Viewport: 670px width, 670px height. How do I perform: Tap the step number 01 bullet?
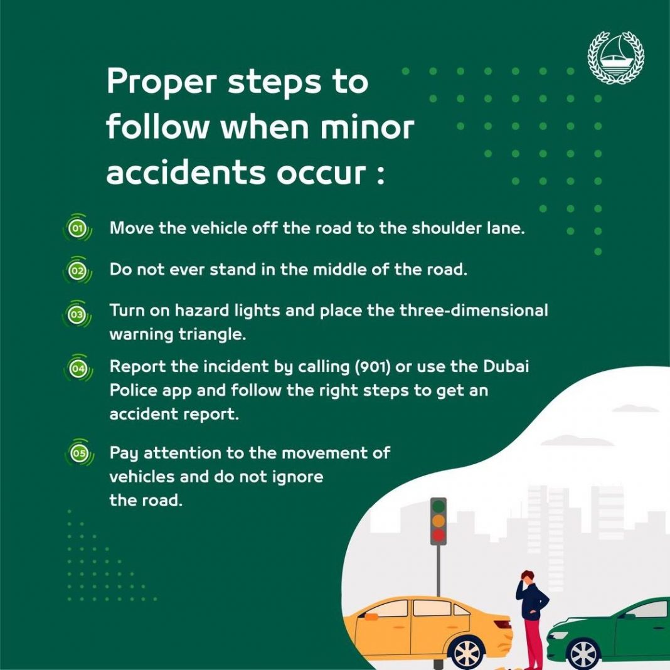[x=77, y=229]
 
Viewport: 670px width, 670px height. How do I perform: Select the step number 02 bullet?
[x=77, y=271]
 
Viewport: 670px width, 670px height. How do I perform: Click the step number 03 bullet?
[x=77, y=314]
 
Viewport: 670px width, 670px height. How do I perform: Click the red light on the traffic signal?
[x=439, y=535]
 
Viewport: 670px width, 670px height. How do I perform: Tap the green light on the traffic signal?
[x=439, y=506]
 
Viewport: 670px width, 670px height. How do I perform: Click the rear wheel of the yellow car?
[x=467, y=652]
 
